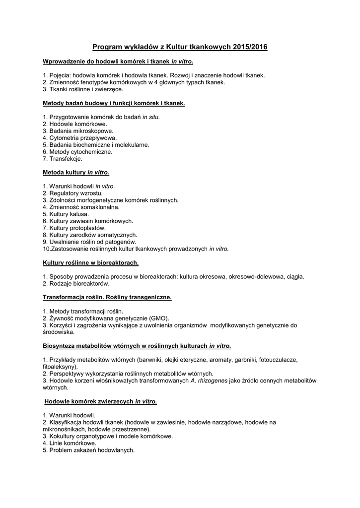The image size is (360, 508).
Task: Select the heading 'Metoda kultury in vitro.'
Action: (76, 173)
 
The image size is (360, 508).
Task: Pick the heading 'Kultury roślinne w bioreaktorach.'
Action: (91, 262)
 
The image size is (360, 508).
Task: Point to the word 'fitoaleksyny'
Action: (59, 367)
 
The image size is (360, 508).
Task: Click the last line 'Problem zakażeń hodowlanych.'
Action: (89, 450)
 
